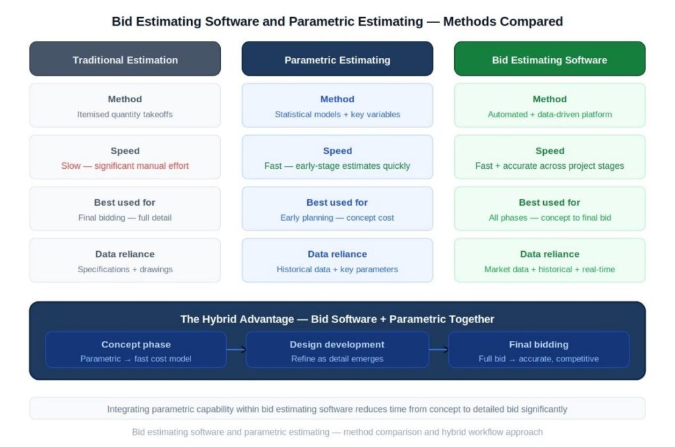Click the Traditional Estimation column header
click(125, 59)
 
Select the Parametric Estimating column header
click(337, 59)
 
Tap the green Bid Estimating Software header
click(550, 59)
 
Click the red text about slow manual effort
click(125, 165)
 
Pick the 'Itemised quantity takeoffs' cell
click(125, 105)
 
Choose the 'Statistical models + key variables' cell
click(337, 105)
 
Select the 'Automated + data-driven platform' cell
click(550, 105)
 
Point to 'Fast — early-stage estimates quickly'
click(337, 165)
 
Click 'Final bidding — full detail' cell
click(125, 208)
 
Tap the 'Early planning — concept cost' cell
click(337, 208)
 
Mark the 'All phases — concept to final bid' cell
click(550, 208)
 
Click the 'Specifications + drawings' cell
click(125, 260)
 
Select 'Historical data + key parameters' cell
click(337, 260)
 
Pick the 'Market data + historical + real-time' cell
click(550, 260)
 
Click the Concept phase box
click(136, 350)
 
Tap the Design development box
click(337, 350)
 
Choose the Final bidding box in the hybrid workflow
click(539, 350)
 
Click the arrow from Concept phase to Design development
click(236, 350)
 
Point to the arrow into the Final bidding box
click(438, 350)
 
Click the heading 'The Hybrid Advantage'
click(337, 319)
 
